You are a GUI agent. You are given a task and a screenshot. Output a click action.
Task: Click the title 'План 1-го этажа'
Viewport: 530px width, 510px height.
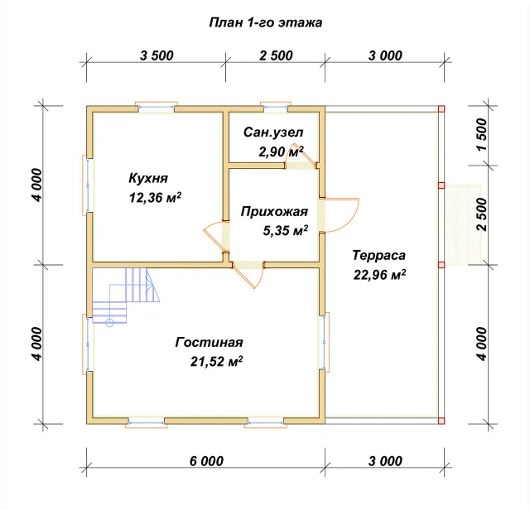pyautogui.click(x=266, y=22)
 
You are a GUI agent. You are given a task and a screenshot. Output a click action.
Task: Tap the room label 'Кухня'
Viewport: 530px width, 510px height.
pyautogui.click(x=148, y=178)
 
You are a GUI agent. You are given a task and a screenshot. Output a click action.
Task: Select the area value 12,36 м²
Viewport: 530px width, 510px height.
pyautogui.click(x=155, y=197)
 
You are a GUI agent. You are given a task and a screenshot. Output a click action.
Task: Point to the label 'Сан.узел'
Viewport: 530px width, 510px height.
pyautogui.click(x=273, y=132)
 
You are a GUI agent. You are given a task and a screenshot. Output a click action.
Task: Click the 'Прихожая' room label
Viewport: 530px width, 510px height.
pyautogui.click(x=274, y=212)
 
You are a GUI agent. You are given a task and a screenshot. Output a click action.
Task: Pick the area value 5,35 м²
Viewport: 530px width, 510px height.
pyautogui.click(x=285, y=230)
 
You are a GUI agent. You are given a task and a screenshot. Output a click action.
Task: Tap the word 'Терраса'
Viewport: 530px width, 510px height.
pyautogui.click(x=378, y=255)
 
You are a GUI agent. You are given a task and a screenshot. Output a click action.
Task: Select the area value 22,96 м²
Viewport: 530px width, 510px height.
pyautogui.click(x=379, y=275)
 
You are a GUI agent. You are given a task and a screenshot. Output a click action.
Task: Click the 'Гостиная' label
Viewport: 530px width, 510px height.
pyautogui.click(x=209, y=342)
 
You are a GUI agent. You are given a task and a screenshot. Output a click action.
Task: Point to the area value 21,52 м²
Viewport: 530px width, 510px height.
pyautogui.click(x=216, y=361)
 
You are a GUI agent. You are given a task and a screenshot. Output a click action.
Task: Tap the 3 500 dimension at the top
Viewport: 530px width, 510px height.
pyautogui.click(x=157, y=55)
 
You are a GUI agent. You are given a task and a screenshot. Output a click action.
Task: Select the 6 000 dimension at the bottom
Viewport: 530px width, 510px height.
pyautogui.click(x=206, y=461)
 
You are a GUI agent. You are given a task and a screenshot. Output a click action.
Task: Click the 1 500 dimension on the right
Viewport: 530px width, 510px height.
pyautogui.click(x=482, y=134)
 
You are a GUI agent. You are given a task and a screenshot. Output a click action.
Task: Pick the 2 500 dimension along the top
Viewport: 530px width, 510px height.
pyautogui.click(x=276, y=55)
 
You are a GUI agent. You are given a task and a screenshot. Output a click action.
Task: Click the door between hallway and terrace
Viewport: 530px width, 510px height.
pyautogui.click(x=338, y=215)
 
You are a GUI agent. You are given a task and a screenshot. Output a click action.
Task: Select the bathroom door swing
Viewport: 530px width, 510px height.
pyautogui.click(x=301, y=159)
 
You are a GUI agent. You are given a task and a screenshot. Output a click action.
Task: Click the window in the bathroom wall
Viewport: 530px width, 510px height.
pyautogui.click(x=276, y=106)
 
